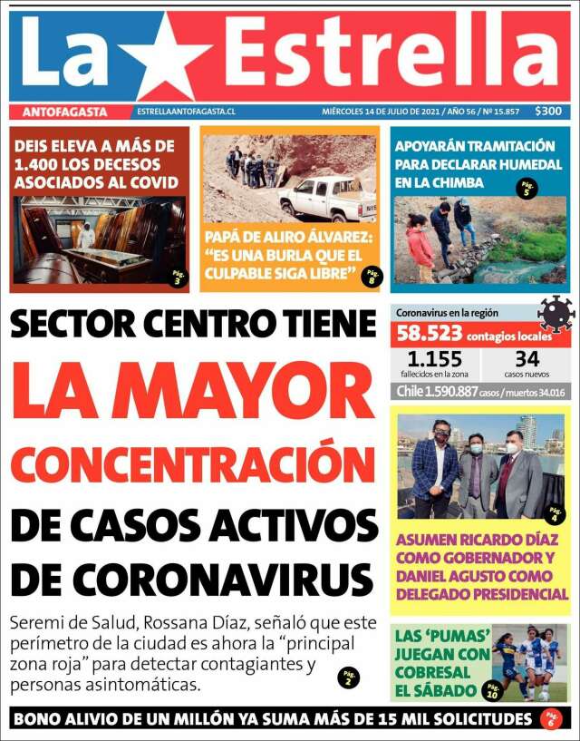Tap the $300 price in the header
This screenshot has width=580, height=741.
pos(547,112)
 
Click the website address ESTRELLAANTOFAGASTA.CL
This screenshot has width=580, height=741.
pos(186,112)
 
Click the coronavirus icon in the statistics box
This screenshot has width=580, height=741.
pos(555,313)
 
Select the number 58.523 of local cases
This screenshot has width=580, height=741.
pos(430,334)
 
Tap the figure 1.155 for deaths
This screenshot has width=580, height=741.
pos(434,358)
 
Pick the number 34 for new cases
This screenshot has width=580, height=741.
pos(527,358)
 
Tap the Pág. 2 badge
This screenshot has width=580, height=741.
pos(350,677)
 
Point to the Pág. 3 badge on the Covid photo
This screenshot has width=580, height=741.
pos(178,278)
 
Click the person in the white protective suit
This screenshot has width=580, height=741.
pos(86,235)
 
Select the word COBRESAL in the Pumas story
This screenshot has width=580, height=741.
pos(432,672)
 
